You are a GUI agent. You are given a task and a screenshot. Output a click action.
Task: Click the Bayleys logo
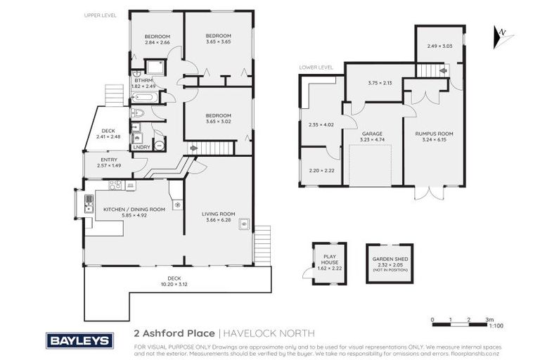coord(79,341)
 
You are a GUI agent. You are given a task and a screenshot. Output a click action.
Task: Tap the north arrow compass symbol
coord(501,32)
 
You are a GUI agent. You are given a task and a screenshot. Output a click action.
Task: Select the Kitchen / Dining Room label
coord(134,210)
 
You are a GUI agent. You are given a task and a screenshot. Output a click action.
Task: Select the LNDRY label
coord(141,147)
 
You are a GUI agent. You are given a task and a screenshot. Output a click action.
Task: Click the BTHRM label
coord(143,80)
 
